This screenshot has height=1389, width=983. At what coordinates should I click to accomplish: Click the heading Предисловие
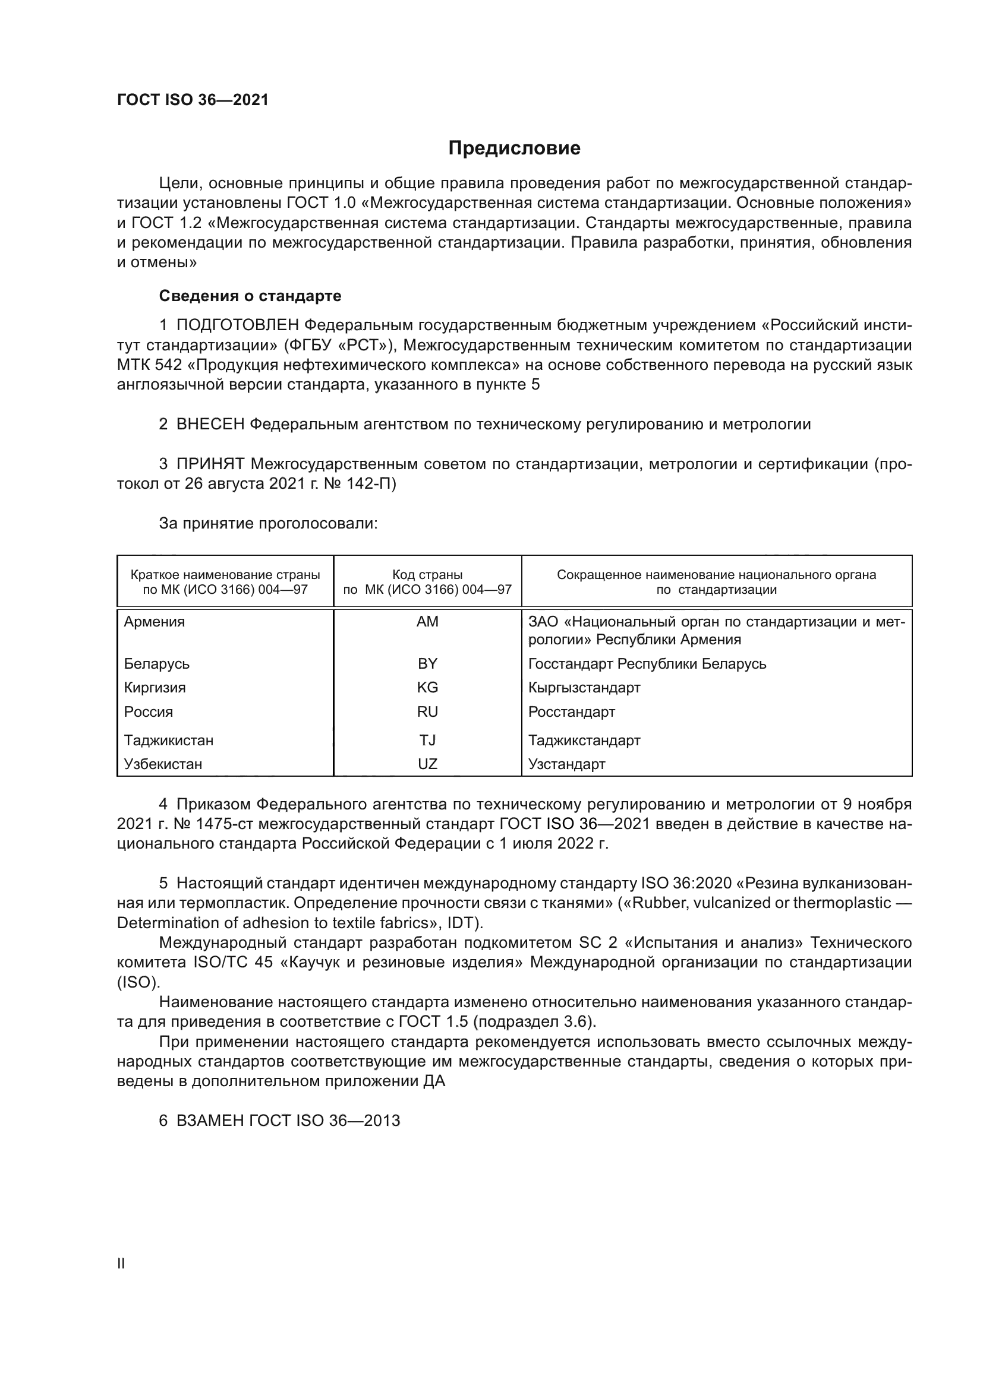514,148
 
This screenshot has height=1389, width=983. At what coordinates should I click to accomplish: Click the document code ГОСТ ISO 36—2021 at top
193,100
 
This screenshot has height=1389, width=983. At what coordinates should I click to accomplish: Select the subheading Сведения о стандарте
250,296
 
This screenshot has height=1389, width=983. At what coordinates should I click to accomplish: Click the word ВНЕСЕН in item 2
210,424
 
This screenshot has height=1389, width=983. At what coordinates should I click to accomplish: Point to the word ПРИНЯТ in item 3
210,464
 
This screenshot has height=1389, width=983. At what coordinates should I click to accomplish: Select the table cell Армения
155,622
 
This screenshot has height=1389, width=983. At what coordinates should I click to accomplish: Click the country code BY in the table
427,664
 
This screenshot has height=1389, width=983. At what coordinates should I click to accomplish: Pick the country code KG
427,687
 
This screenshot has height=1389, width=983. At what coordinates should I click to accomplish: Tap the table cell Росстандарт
571,711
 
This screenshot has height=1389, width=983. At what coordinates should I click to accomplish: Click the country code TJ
427,740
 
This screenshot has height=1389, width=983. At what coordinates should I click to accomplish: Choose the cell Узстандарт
566,764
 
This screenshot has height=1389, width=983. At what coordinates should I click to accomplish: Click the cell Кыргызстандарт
584,687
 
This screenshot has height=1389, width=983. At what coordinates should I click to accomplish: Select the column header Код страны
427,575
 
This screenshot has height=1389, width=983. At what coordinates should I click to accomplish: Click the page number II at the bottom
121,1263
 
